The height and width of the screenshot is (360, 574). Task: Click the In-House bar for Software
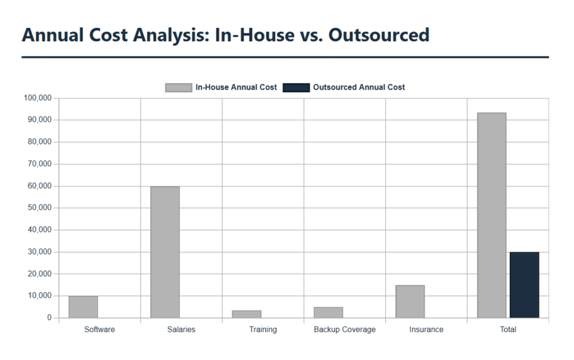[x=83, y=307]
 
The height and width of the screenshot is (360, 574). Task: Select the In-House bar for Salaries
[x=165, y=252]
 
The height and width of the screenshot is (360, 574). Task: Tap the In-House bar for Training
[x=247, y=314]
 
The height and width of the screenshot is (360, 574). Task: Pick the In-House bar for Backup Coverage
[x=328, y=312]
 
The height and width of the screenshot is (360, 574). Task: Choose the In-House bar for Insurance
[x=410, y=301]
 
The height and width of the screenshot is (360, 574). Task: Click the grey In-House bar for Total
[x=492, y=215]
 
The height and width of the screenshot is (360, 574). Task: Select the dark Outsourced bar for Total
[x=524, y=285]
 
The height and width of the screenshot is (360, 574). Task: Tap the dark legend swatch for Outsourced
[x=296, y=87]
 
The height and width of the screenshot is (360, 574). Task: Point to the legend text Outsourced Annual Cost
[x=359, y=87]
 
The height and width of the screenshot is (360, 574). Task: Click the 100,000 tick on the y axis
[x=38, y=98]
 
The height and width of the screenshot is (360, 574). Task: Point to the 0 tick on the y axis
[x=49, y=318]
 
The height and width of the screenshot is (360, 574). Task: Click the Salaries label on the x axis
[x=181, y=330]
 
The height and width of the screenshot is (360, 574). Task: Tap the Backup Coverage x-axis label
[x=345, y=330]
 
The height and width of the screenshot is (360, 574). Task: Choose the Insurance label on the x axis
[x=426, y=330]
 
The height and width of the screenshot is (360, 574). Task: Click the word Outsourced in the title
[x=379, y=35]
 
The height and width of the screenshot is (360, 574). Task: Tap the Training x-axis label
[x=263, y=330]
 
